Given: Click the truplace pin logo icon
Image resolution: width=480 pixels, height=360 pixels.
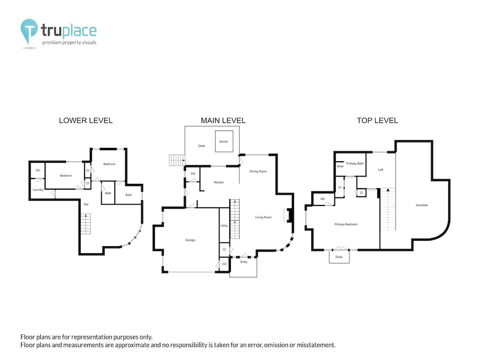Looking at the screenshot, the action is pyautogui.click(x=29, y=31).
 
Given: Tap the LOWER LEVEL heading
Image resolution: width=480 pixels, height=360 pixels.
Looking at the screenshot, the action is pyautogui.click(x=86, y=120).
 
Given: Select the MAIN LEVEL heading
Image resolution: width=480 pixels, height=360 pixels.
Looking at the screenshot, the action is pyautogui.click(x=223, y=120).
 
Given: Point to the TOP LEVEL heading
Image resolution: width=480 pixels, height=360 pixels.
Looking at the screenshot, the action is pyautogui.click(x=377, y=120).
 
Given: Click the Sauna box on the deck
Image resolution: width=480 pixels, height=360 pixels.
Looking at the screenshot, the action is pyautogui.click(x=224, y=142).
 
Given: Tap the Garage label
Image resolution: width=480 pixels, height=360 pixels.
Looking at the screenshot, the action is pyautogui.click(x=190, y=240).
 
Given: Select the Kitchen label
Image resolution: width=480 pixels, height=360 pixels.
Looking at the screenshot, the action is pyautogui.click(x=219, y=182).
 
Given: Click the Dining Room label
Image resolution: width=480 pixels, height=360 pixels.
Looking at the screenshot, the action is pyautogui.click(x=258, y=171).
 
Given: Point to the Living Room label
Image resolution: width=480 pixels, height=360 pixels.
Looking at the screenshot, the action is pyautogui.click(x=264, y=217).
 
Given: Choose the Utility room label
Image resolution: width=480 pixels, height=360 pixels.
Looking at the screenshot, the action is pyautogui.click(x=224, y=226).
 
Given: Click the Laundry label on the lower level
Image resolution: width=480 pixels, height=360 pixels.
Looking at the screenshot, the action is pyautogui.click(x=38, y=190).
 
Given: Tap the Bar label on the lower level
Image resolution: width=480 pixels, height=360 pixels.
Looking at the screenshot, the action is pyautogui.click(x=86, y=204).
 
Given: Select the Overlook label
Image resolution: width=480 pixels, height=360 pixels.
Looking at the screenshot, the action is pyautogui.click(x=422, y=205).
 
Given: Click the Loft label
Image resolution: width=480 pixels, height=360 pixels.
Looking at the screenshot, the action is pyautogui.click(x=381, y=169).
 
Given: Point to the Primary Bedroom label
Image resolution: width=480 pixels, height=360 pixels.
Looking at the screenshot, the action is pyautogui.click(x=346, y=224).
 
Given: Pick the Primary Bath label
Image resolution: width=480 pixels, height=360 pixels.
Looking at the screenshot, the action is pyautogui.click(x=355, y=164).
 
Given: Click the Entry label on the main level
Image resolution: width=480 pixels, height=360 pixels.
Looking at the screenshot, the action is pyautogui.click(x=244, y=262).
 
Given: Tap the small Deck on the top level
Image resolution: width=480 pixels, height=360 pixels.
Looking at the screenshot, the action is pyautogui.click(x=339, y=256).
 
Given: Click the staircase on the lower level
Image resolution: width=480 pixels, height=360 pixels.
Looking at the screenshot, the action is pyautogui.click(x=86, y=224).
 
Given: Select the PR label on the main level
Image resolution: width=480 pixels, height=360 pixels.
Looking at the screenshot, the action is pyautogui.click(x=193, y=174).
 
